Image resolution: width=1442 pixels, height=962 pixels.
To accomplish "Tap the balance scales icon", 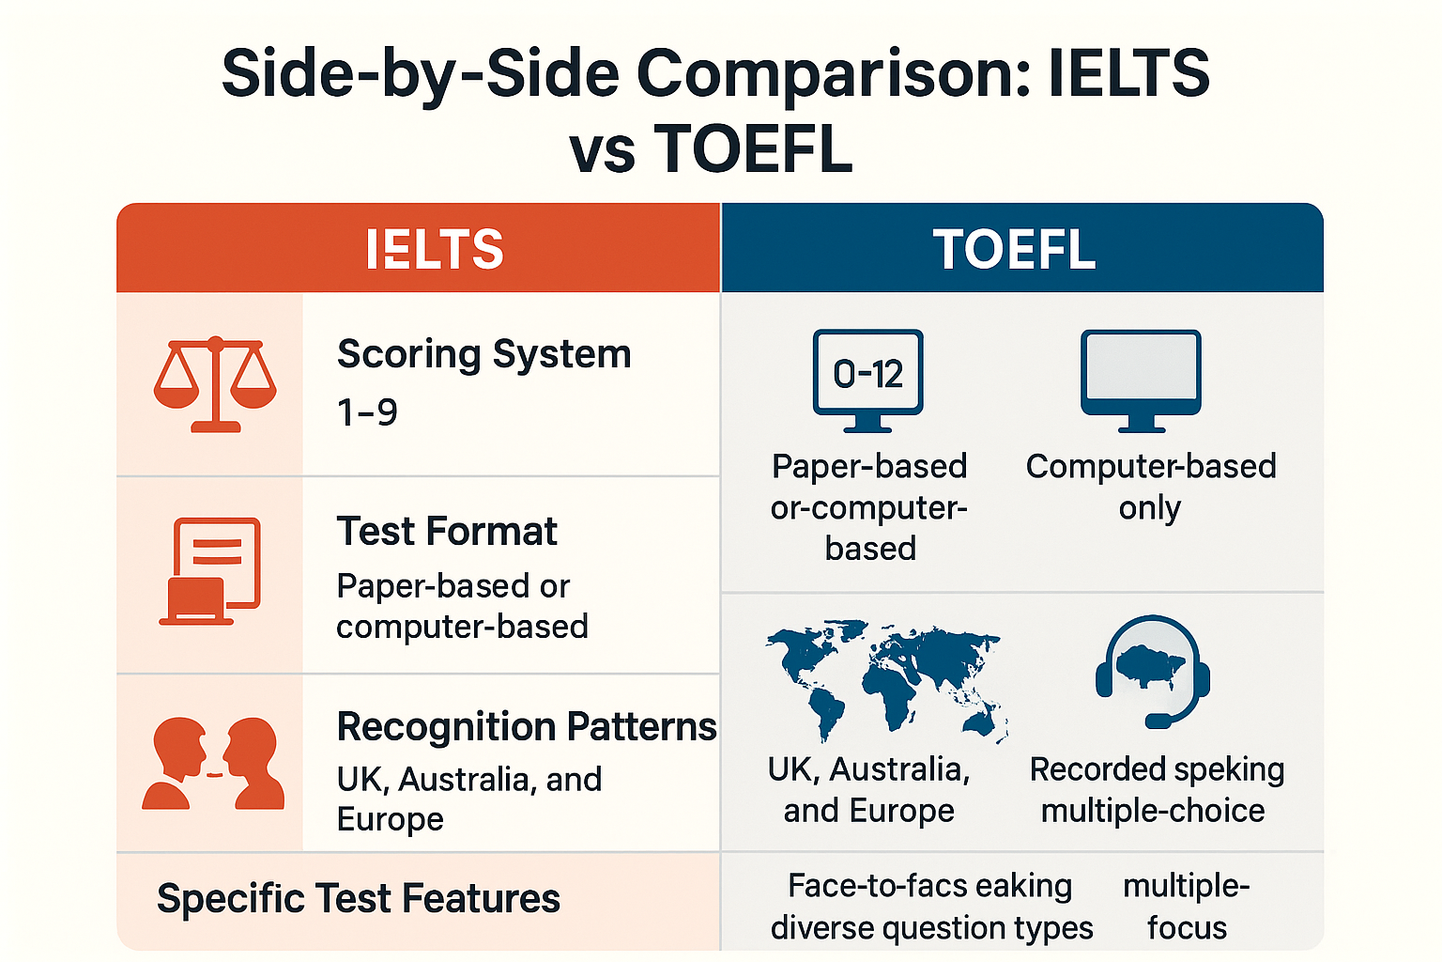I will (x=215, y=383).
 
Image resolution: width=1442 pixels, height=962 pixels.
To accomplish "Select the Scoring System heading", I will (x=483, y=354).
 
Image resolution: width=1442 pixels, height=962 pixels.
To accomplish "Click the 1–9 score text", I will (x=367, y=412).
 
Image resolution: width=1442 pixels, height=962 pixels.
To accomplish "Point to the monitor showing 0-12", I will (x=867, y=379).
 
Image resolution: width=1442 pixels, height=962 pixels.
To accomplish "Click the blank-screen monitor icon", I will (x=1141, y=379).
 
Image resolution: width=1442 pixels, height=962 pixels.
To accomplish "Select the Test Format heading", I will (x=447, y=531).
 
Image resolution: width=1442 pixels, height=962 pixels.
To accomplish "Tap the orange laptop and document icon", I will (x=209, y=571).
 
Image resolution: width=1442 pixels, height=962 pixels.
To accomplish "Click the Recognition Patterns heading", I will (x=526, y=726).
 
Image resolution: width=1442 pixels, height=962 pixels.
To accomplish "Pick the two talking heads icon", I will (x=213, y=763).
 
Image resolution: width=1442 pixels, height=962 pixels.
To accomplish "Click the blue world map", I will (x=886, y=678).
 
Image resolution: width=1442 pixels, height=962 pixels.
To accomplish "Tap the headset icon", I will (x=1153, y=670).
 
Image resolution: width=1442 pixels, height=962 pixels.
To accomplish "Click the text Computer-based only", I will (x=1151, y=487).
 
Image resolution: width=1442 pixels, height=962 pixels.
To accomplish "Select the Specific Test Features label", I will (x=358, y=898).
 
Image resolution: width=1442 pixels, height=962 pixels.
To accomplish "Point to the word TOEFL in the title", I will (x=753, y=149).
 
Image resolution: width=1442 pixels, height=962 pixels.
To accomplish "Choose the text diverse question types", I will (x=931, y=928).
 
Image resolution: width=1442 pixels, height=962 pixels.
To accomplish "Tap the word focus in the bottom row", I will (x=1187, y=928).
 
